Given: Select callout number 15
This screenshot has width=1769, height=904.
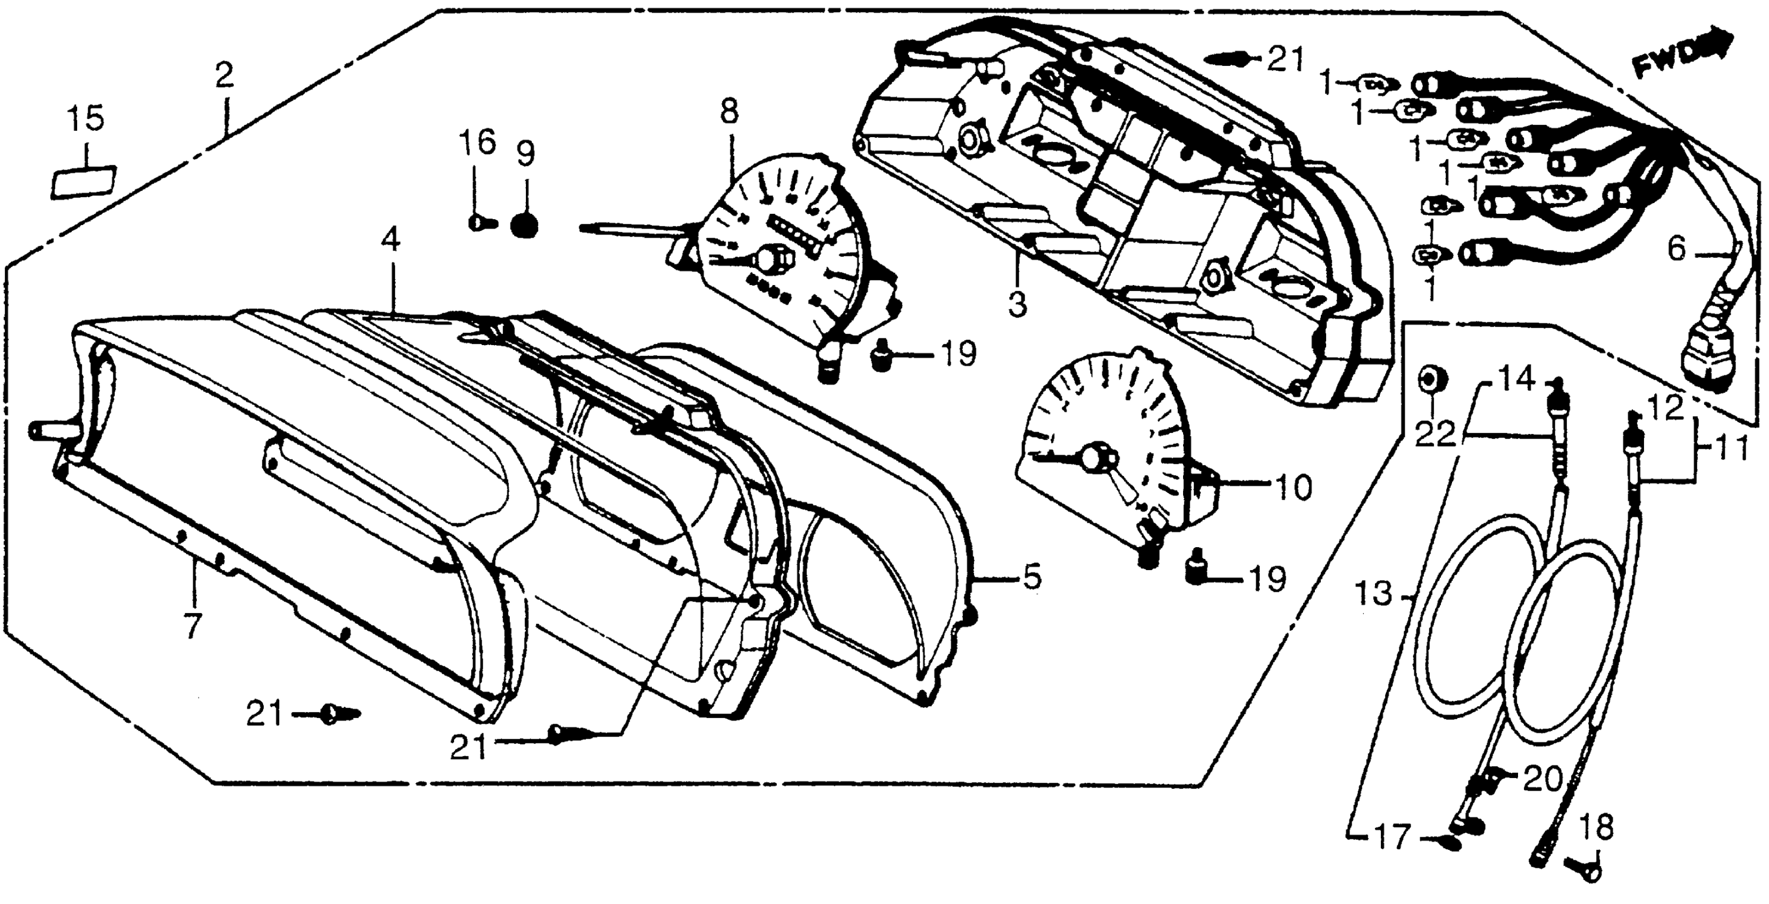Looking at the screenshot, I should pos(86,119).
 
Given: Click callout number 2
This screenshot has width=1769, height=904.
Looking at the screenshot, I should pos(224,75).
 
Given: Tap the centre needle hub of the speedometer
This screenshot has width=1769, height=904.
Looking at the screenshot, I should pos(768,260).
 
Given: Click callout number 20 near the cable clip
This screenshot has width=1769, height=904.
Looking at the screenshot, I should pos(1542,779).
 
